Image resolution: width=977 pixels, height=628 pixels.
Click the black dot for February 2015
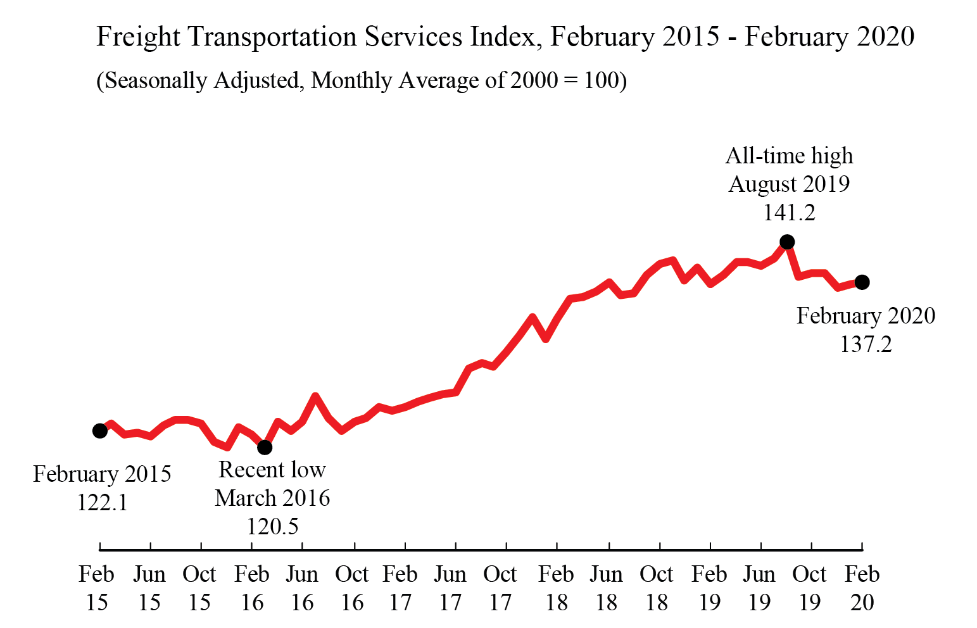(x=99, y=431)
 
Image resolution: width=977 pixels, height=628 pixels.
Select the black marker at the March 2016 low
(x=265, y=448)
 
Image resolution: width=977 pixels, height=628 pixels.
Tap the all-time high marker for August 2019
(x=787, y=242)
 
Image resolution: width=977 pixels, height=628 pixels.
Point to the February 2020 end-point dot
(x=862, y=282)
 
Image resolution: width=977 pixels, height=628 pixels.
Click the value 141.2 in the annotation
(x=789, y=213)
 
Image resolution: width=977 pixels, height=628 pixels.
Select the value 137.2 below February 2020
(x=866, y=344)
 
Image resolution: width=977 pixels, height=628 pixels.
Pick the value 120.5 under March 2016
(x=272, y=527)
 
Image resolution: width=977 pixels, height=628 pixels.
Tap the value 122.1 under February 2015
(x=103, y=503)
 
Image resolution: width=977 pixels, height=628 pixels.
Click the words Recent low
(x=272, y=470)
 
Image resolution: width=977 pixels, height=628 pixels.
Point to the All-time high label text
(x=789, y=156)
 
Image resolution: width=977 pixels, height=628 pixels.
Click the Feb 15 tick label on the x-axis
(x=97, y=588)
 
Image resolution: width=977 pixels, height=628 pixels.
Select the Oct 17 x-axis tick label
(x=500, y=588)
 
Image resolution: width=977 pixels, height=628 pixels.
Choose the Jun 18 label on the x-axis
(x=607, y=588)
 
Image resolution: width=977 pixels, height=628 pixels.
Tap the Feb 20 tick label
(x=862, y=588)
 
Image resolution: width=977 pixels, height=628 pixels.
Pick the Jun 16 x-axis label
(x=302, y=588)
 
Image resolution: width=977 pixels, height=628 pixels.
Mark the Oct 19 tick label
(x=810, y=588)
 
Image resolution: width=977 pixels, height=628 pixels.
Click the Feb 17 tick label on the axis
(x=400, y=588)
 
